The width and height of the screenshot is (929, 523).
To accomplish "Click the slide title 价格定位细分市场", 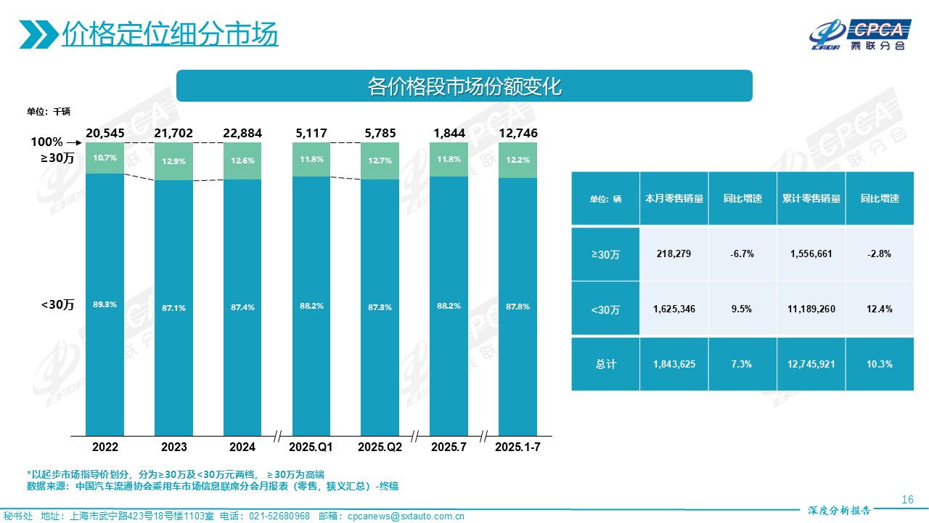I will click(x=170, y=33).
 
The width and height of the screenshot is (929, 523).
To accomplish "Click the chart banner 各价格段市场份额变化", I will click(x=464, y=86).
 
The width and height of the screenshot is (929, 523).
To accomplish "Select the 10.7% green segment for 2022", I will click(x=105, y=158).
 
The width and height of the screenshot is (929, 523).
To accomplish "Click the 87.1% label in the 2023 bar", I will click(x=173, y=308).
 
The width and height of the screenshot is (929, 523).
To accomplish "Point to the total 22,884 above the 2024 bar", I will click(x=242, y=133).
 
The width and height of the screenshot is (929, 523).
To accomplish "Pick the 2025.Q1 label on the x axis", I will click(x=311, y=447).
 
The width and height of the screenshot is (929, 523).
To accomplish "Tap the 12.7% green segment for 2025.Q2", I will click(x=380, y=161).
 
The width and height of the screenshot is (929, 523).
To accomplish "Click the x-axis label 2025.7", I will click(x=449, y=447).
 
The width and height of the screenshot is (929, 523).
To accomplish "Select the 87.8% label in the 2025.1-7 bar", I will click(x=517, y=307).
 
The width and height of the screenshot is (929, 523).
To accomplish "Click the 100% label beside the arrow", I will click(x=46, y=142).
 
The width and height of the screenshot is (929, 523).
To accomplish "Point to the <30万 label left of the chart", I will click(x=58, y=305).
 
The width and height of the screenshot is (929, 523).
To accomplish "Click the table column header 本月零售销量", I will click(x=674, y=198).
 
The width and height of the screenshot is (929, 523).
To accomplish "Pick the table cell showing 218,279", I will click(x=674, y=254).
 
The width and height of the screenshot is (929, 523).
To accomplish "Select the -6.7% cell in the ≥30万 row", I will click(x=742, y=254).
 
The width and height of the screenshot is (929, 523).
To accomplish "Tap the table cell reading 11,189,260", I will click(x=811, y=309).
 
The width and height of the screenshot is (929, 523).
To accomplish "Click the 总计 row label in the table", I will click(x=605, y=364).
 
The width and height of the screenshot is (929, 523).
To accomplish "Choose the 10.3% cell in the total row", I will click(x=879, y=364).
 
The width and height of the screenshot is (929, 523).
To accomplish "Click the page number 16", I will click(x=907, y=500).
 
